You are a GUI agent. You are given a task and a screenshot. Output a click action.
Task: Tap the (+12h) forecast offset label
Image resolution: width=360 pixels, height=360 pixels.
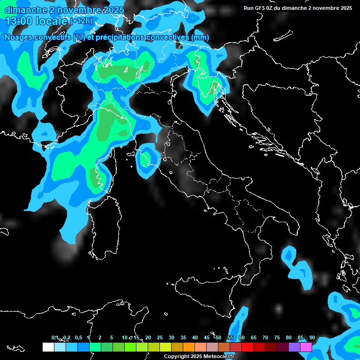(81, 21)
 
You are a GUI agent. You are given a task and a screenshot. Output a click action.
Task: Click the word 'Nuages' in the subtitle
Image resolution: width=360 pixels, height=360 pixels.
(19, 37)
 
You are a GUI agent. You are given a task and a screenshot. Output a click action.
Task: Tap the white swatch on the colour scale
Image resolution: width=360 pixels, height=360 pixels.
(48, 347)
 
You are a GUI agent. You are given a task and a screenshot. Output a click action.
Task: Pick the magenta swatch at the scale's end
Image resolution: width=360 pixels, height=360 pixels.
(306, 347)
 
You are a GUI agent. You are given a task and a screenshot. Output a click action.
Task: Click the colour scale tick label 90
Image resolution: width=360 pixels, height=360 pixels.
(312, 338)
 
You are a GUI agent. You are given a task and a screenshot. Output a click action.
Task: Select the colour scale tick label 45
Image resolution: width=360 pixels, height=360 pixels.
(207, 338)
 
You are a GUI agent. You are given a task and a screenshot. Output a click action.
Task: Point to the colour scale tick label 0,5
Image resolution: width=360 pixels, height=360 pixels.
(78, 338)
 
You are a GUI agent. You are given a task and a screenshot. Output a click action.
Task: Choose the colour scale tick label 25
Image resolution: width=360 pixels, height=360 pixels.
(160, 338)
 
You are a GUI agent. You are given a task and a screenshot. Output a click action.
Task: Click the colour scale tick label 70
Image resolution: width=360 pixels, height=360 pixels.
(265, 338)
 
